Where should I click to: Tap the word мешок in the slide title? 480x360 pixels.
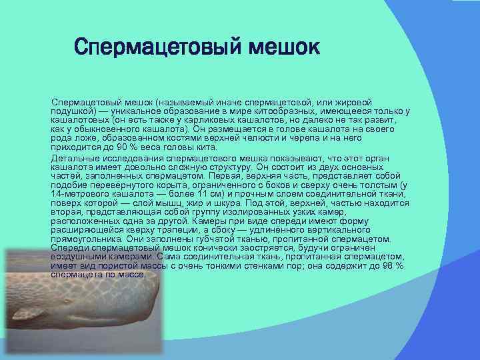[x=281, y=47]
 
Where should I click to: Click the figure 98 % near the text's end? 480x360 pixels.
[x=393, y=265]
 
